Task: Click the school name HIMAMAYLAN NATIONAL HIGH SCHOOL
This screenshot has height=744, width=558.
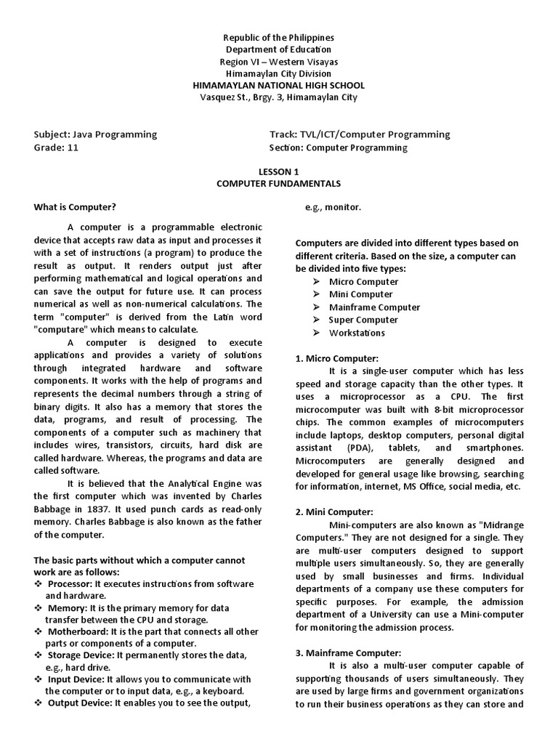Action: [278, 86]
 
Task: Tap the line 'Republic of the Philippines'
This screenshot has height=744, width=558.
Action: [278, 37]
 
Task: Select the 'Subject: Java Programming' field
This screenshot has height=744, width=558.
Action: [95, 134]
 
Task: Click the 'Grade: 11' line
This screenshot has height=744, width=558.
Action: [56, 147]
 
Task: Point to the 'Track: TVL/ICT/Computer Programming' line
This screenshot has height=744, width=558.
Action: [359, 134]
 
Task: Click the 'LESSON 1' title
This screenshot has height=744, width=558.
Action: [278, 171]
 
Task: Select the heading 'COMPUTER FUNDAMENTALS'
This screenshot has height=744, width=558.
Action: [278, 184]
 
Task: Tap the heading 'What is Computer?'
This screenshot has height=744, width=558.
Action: [75, 207]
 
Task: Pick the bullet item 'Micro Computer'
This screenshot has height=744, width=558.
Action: [363, 282]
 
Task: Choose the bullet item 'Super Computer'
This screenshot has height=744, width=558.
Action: [363, 320]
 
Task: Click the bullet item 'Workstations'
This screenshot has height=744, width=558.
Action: [357, 333]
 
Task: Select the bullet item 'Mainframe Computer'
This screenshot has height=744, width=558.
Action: [374, 307]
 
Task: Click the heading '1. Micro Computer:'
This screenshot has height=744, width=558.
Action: [336, 359]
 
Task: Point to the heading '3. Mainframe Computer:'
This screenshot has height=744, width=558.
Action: [348, 652]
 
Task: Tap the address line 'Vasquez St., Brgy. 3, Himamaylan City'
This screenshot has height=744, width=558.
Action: [278, 98]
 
